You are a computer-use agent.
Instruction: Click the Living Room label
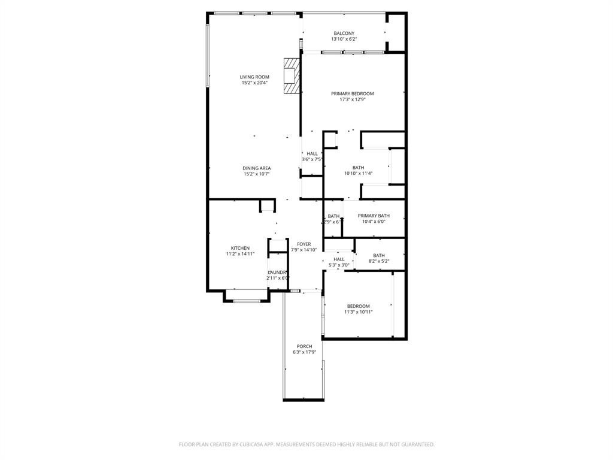tap(254, 77)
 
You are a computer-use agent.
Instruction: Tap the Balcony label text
tap(344, 34)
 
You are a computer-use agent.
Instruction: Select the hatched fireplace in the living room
tap(291, 75)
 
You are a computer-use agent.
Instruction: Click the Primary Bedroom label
tap(353, 93)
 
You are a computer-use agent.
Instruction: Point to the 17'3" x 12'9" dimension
tap(353, 100)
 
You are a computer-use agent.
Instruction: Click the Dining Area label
tap(256, 168)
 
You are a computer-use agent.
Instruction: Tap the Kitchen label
tap(240, 248)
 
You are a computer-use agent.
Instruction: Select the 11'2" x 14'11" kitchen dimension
tap(240, 254)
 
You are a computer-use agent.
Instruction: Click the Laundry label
tap(278, 272)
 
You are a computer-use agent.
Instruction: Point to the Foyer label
tap(304, 244)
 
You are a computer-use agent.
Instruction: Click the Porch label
tap(304, 346)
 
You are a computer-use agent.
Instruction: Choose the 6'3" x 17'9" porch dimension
tap(304, 352)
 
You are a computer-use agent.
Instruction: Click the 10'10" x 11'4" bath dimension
tap(358, 174)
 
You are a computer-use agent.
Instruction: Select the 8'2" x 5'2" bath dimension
tap(378, 261)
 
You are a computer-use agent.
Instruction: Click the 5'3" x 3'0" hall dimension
tap(339, 265)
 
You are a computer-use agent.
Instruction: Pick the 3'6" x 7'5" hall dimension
tap(312, 159)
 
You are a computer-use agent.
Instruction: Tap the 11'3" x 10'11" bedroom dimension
tap(358, 312)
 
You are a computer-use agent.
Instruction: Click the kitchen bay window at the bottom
tap(246, 301)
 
